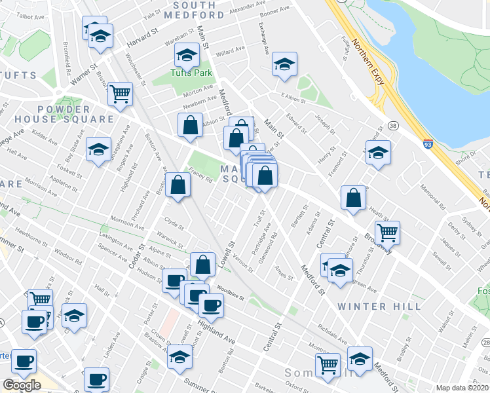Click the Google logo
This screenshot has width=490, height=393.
[x=22, y=385]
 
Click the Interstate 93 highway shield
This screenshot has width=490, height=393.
[x=427, y=145]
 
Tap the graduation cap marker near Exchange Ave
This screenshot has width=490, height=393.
[x=284, y=64]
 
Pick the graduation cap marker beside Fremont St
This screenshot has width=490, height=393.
[x=378, y=153]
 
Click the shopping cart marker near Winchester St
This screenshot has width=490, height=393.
[x=120, y=94]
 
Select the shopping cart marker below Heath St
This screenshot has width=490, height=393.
[x=388, y=231]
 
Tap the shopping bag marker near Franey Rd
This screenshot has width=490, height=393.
[x=178, y=185]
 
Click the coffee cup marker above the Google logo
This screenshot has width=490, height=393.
[x=24, y=360]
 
